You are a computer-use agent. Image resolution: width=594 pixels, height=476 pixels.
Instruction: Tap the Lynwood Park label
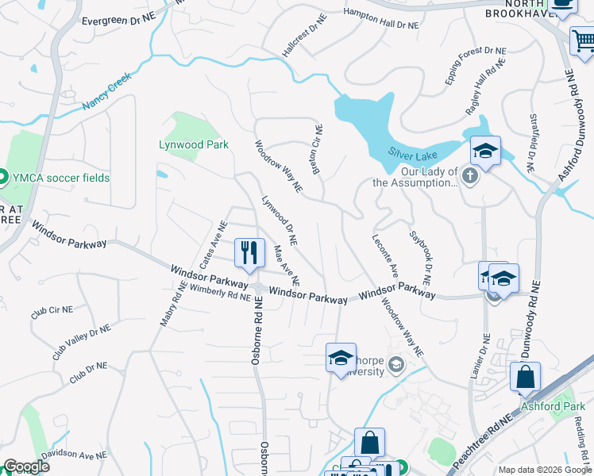coord(194,144)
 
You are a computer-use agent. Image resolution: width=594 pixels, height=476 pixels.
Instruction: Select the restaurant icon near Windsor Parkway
coord(249,253)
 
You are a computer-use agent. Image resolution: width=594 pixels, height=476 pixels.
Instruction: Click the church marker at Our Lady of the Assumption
coord(469,175)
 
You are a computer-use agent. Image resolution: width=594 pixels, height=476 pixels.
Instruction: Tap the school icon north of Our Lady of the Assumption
coord(485,150)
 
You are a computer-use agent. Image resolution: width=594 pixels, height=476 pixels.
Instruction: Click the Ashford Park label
coord(553,407)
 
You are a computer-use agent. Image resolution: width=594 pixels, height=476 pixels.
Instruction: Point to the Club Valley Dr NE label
coord(82,342)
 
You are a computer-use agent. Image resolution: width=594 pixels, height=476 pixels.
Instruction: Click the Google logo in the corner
coord(26,466)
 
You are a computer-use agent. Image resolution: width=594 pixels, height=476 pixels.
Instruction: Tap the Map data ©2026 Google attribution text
coord(545,470)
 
